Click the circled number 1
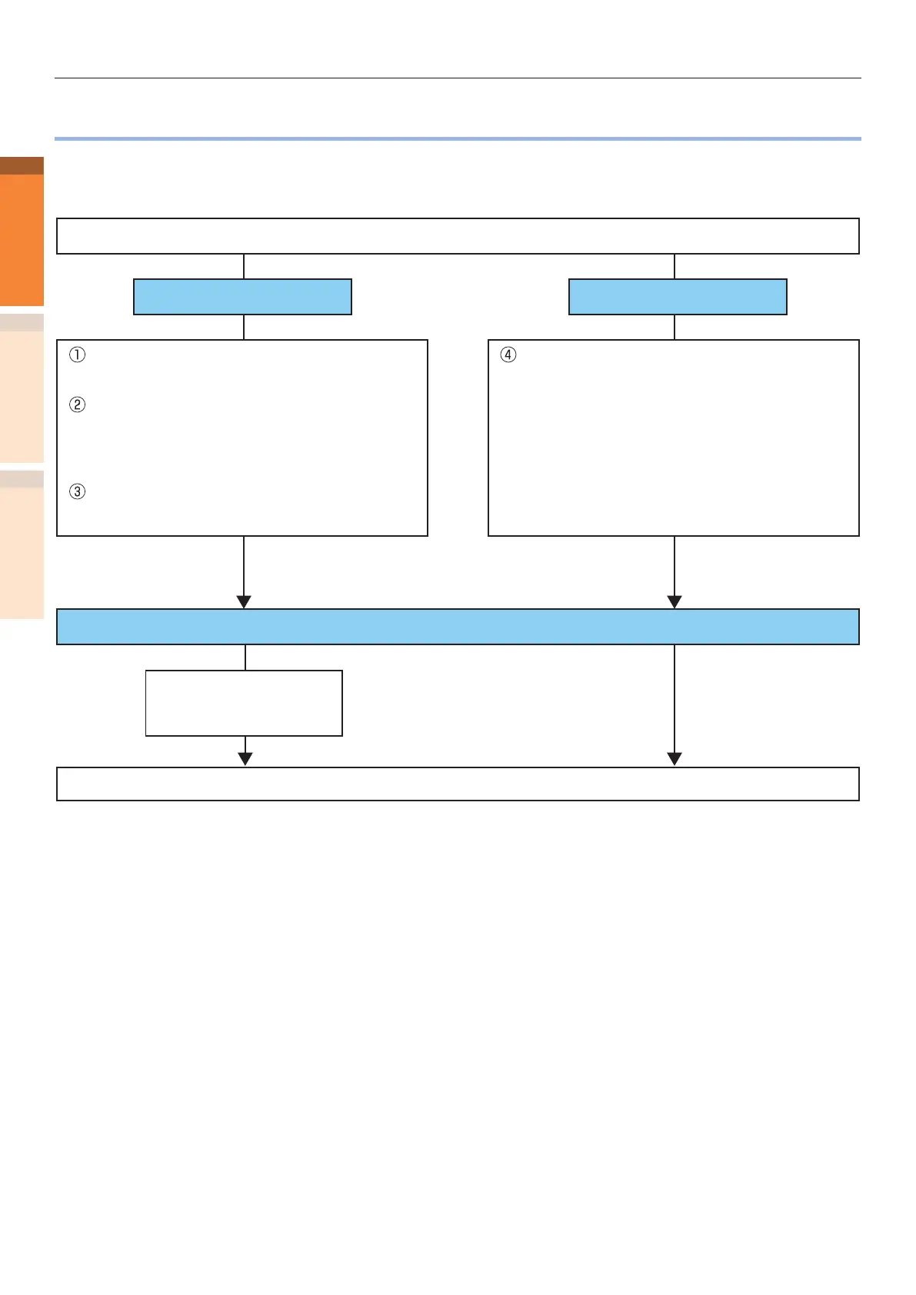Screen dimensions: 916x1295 pos(77,355)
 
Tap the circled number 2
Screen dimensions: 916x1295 pos(77,404)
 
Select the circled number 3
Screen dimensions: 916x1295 pos(77,491)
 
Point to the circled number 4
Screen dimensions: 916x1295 pos(508,355)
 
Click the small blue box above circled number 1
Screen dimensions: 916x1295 pos(242,297)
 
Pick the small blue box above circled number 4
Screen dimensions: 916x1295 pos(678,297)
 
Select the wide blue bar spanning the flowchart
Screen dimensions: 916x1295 pos(458,627)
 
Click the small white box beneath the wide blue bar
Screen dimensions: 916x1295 pos(244,703)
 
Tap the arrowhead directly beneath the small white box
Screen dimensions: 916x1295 pos(245,759)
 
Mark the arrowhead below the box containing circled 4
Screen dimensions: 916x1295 pos(675,602)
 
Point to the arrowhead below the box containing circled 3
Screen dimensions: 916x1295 pos(244,602)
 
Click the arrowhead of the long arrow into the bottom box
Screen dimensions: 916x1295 pos(675,759)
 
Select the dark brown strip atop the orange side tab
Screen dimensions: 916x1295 pos(22,165)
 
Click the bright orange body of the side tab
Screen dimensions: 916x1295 pos(22,240)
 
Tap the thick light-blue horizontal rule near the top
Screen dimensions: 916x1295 pos(458,138)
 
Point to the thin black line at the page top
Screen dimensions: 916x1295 pos(458,78)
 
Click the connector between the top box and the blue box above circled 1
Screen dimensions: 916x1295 pos(244,267)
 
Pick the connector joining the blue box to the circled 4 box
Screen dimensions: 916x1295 pos(675,328)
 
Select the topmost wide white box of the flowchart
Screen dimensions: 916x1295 pos(458,236)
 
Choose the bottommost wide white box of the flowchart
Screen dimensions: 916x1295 pos(458,784)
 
